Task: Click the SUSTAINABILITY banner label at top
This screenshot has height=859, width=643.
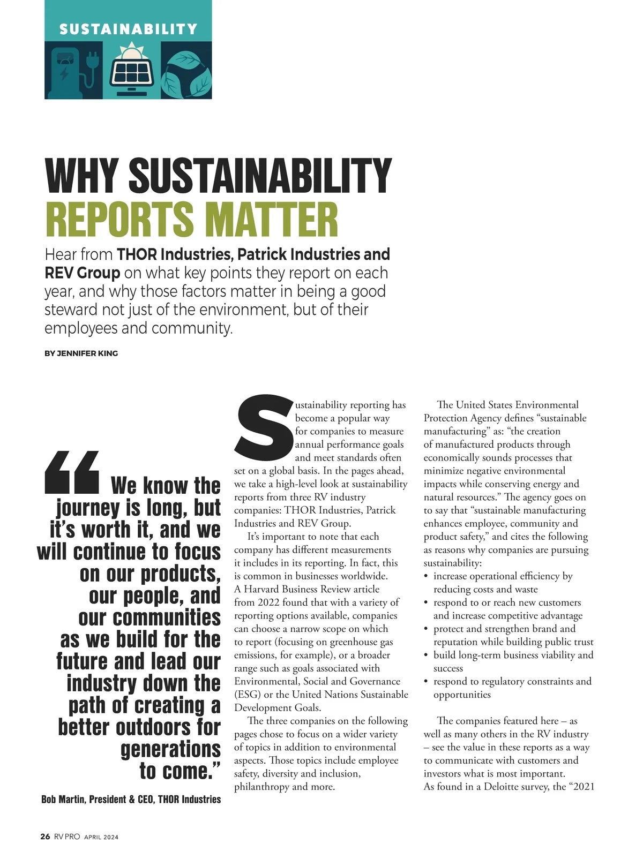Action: coord(128,29)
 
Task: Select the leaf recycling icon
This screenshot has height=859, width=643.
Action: coord(187,74)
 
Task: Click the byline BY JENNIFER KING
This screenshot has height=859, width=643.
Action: coord(81,353)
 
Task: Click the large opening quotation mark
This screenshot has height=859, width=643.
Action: coord(72,472)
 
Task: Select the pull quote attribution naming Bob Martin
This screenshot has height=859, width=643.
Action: coord(131,799)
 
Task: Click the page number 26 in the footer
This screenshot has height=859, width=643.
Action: coord(45,837)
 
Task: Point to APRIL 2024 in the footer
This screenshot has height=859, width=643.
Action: coord(101,837)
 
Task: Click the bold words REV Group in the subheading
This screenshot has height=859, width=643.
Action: coord(82,273)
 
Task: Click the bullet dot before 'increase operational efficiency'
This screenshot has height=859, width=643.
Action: coord(426,577)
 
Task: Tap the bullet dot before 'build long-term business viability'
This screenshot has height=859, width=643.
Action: coord(426,655)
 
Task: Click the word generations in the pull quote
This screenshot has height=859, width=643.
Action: coord(170,749)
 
